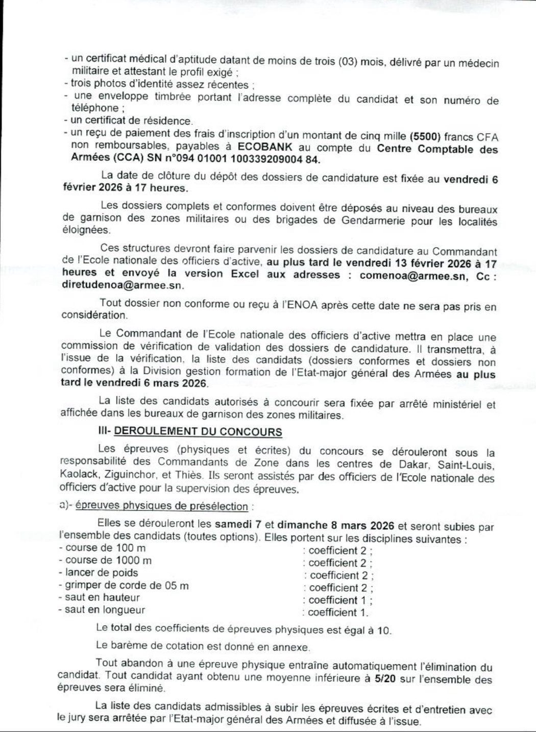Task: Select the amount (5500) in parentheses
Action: (x=425, y=136)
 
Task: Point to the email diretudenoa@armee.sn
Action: (x=122, y=285)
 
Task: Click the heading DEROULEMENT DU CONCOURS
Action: (x=198, y=431)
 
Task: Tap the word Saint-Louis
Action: (x=467, y=465)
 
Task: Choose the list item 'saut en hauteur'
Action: (x=102, y=597)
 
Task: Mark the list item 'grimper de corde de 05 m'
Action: (x=127, y=585)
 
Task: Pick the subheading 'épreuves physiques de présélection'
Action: (x=161, y=506)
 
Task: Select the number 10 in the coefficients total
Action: (x=383, y=630)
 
